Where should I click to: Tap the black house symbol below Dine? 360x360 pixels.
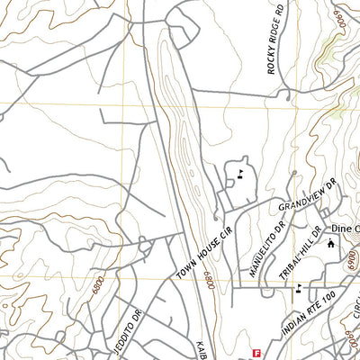pos(330,244)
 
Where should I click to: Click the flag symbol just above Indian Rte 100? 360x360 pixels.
pos(298,288)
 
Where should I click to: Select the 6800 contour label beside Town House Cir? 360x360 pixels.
pos(208,281)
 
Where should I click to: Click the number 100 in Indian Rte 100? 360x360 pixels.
pos(328,296)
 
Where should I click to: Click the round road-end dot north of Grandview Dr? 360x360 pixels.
pos(293,172)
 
